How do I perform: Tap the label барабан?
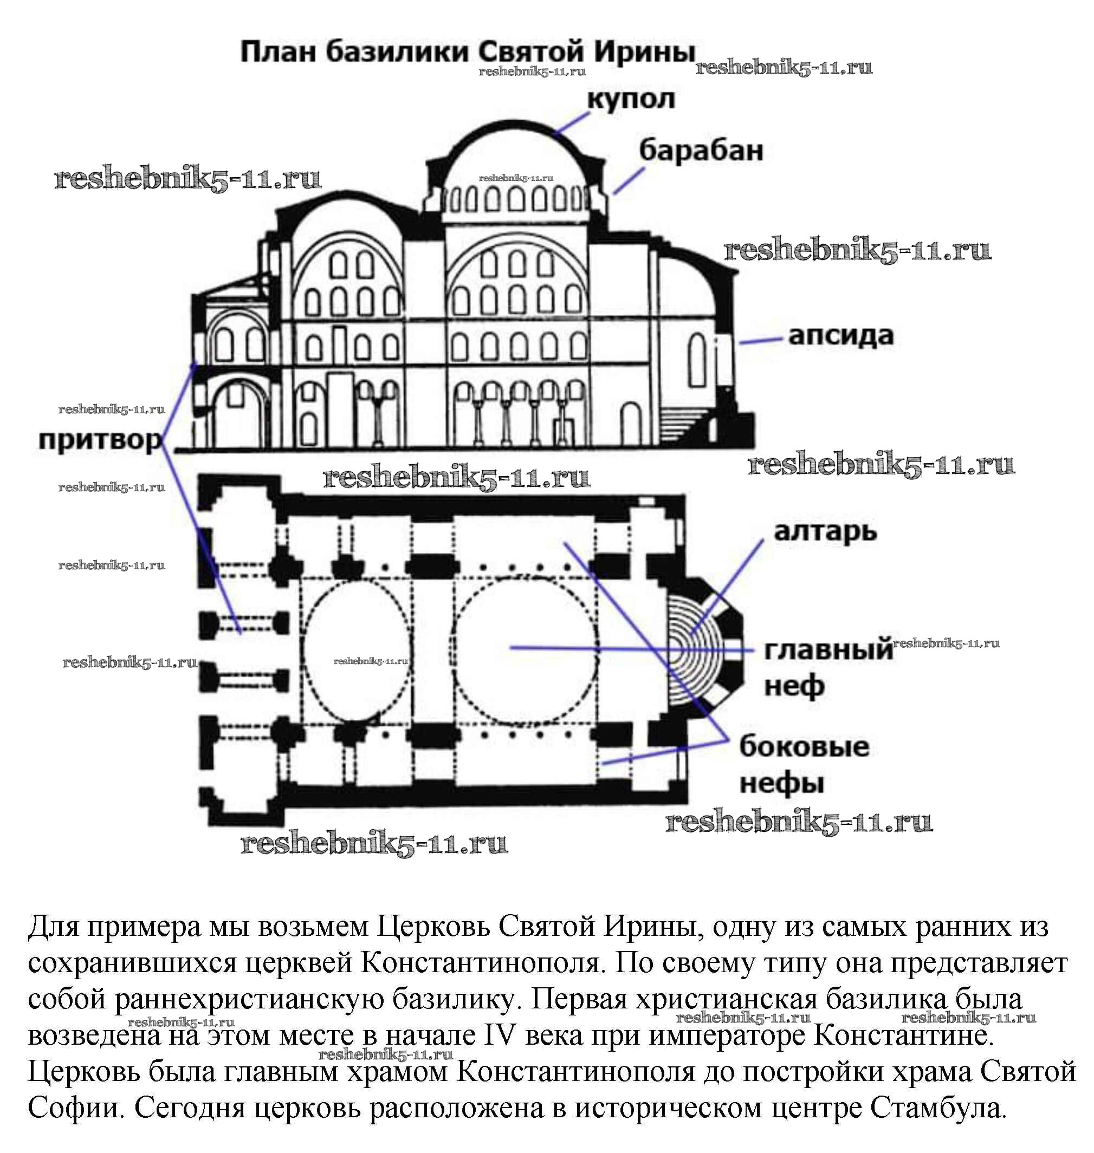[701, 151]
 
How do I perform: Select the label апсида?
[841, 337]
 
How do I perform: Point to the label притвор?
[100, 441]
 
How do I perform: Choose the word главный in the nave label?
[828, 650]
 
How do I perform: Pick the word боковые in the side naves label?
[804, 747]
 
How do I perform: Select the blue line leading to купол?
[573, 122]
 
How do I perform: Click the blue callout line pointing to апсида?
[760, 341]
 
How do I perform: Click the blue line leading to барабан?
[629, 181]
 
